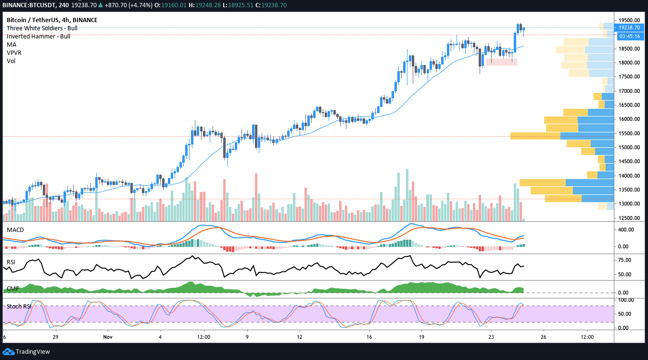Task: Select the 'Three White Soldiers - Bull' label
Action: point(38,28)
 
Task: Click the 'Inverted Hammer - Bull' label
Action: point(38,36)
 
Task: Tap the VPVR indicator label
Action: point(14,52)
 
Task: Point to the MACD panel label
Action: point(15,230)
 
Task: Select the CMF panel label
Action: point(13,289)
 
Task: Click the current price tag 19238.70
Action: point(629,28)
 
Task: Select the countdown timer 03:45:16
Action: point(629,36)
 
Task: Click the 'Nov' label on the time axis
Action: point(107,337)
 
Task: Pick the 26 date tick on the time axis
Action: point(544,337)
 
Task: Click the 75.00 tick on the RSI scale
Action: point(625,260)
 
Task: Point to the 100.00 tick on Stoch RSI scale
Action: point(626,300)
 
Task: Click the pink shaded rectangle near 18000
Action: point(501,62)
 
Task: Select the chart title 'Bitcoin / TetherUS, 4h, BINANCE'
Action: point(52,20)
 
